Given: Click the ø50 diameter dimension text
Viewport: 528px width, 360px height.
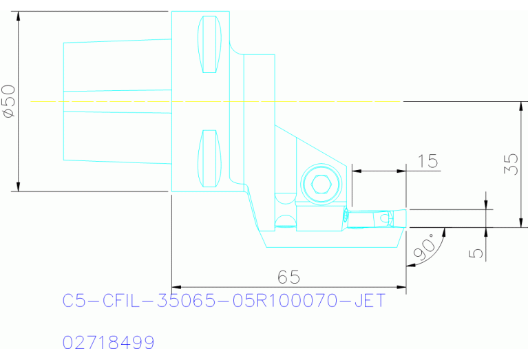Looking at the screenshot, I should coord(10,102).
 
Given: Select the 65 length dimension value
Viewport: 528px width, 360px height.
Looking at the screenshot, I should coord(288,277).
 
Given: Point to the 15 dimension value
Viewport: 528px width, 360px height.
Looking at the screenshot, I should coord(427,161).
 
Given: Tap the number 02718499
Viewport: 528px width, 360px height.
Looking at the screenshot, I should coord(109,342).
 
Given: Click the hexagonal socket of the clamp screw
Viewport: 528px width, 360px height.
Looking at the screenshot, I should coord(320,184).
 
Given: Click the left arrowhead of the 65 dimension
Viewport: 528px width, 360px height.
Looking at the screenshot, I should coord(177,287).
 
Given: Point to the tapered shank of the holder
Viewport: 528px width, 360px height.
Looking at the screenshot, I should coord(117,102).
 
